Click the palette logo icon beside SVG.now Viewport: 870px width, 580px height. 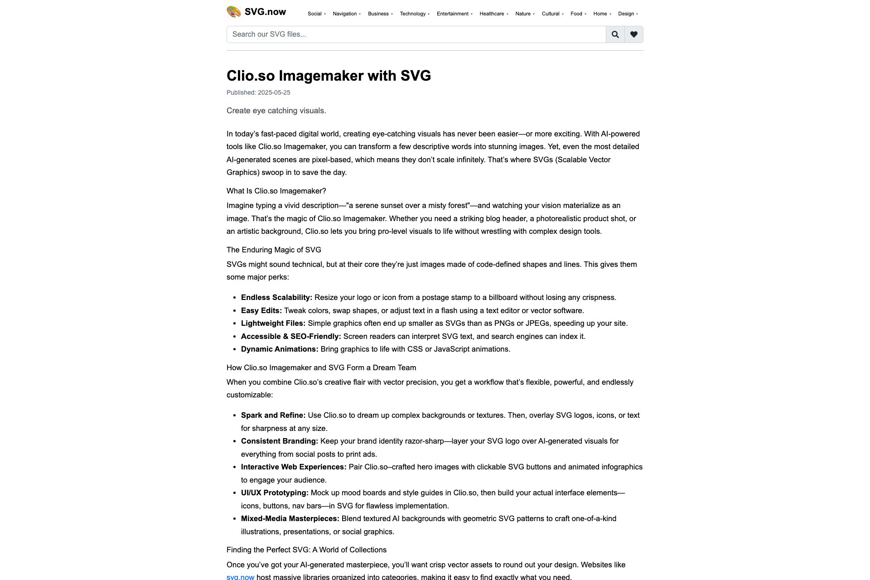click(234, 12)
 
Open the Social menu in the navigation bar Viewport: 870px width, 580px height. click(316, 14)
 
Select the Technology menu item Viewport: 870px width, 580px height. click(414, 14)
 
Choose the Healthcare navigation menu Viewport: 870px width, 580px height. click(493, 14)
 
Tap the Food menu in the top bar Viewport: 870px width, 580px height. click(578, 14)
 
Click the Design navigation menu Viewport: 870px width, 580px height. click(628, 14)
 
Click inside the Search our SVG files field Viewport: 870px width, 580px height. click(416, 34)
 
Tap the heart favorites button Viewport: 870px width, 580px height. click(633, 34)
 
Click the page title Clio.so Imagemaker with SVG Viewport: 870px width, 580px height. click(329, 76)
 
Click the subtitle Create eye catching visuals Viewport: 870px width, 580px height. click(276, 111)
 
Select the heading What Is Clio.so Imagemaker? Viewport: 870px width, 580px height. click(276, 191)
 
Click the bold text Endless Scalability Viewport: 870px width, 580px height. click(276, 297)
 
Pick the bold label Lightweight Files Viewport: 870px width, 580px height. click(273, 323)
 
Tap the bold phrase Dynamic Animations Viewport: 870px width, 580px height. click(280, 349)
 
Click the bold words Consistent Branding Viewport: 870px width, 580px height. click(279, 441)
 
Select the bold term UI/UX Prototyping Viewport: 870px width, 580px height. click(275, 493)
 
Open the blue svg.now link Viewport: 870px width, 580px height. click(240, 577)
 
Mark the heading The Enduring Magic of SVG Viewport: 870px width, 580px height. click(274, 250)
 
